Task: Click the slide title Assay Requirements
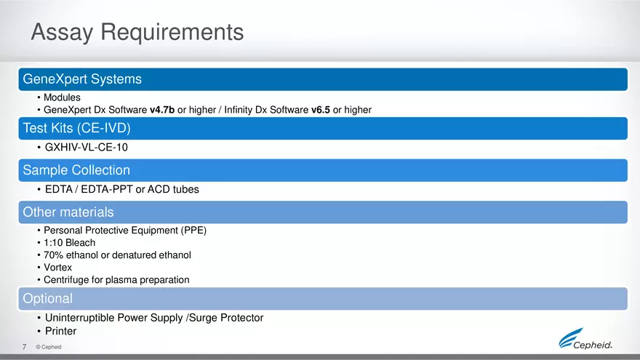[137, 32]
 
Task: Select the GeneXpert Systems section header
[82, 79]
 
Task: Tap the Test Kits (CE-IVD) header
[77, 128]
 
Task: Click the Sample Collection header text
[76, 170]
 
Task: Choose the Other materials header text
[68, 212]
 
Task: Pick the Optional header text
[48, 298]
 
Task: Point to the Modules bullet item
[62, 97]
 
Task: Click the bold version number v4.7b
[162, 110]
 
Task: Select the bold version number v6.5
[321, 110]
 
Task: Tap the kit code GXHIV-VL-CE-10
[86, 148]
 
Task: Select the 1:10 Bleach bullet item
[69, 243]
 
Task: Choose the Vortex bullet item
[57, 268]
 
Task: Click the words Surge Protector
[226, 318]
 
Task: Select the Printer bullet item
[60, 331]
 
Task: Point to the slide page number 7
[25, 347]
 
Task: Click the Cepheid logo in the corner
[585, 339]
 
